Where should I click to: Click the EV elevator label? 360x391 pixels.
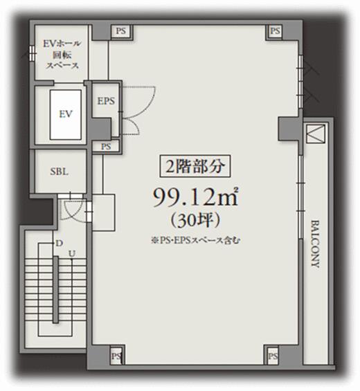[x=66, y=114]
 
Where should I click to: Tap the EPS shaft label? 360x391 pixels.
[x=106, y=101]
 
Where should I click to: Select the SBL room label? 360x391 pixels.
[x=59, y=172]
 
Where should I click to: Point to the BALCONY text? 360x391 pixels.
[x=316, y=244]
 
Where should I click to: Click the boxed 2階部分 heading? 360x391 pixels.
[x=195, y=166]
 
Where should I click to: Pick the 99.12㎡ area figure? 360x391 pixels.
[x=196, y=197]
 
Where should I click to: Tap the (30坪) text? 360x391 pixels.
[x=195, y=221]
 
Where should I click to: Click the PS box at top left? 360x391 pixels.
[x=121, y=31]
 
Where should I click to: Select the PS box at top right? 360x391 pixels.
[x=275, y=31]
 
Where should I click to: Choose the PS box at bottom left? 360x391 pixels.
[x=116, y=355]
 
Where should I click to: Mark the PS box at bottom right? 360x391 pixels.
[x=273, y=355]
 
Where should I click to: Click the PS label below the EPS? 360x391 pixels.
[x=106, y=147]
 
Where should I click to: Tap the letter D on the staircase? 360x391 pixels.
[x=59, y=243]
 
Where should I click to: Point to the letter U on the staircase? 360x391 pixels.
[x=72, y=253]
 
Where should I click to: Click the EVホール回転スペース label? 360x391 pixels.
[x=62, y=55]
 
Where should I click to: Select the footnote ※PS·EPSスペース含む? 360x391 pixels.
[x=195, y=240]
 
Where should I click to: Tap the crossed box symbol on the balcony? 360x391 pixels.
[x=316, y=134]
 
